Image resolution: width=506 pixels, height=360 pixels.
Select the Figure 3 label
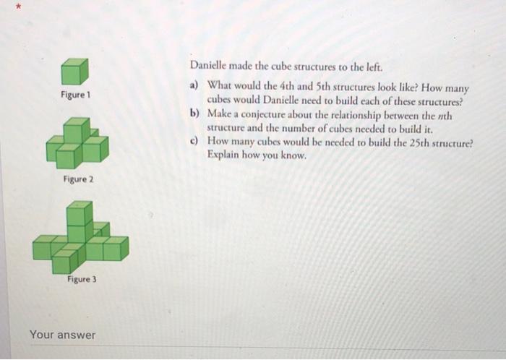82,279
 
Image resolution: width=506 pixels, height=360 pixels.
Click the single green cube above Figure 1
74,71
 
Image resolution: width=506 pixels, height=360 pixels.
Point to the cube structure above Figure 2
77,142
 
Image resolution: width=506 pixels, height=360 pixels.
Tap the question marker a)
194,86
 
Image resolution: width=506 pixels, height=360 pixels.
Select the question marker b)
194,113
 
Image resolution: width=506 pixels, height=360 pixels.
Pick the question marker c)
194,142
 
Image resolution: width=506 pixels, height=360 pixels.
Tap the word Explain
225,155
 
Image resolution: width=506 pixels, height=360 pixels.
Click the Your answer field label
62,335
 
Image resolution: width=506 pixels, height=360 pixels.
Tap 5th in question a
332,87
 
